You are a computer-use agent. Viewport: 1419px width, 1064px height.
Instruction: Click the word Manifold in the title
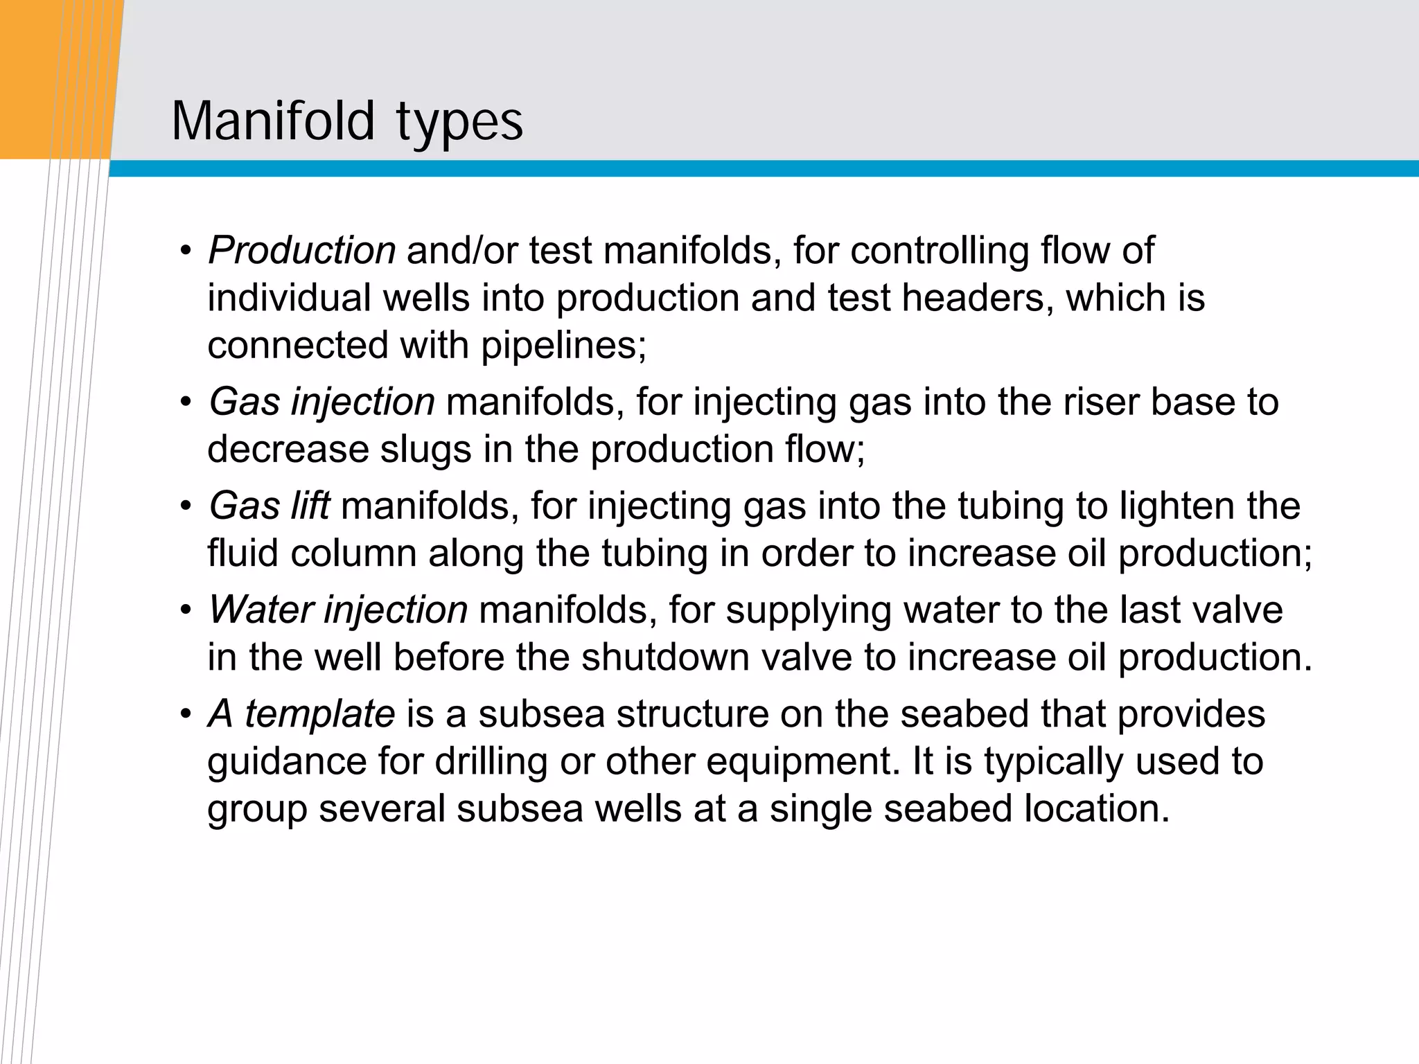(273, 121)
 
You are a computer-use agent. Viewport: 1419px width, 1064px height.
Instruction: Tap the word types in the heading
(459, 123)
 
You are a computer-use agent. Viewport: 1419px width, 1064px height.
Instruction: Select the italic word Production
(302, 250)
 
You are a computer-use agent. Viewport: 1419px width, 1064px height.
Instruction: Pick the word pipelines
(563, 345)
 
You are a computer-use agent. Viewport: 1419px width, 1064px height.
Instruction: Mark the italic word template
(319, 713)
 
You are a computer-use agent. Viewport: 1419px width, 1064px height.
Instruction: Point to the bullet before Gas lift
(185, 507)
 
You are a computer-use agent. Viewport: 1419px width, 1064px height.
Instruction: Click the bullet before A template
(185, 715)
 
